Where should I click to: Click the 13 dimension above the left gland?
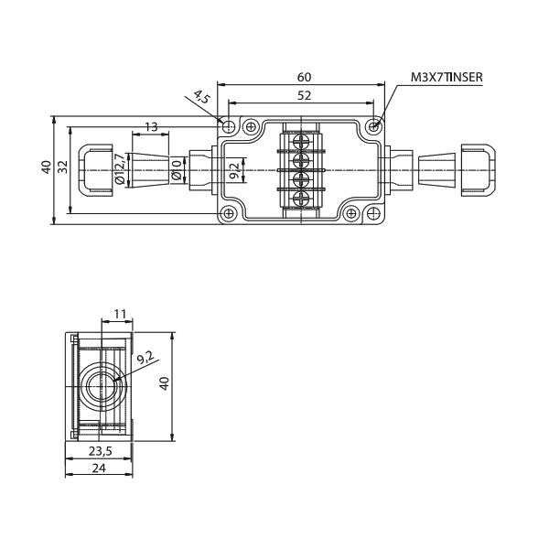pos(152,126)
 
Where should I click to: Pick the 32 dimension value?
pos(63,167)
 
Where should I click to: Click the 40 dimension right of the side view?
pos(165,384)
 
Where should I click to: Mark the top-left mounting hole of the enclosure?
pos(229,126)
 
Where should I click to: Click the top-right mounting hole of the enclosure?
pos(373,126)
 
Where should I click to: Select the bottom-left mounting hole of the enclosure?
pos(229,214)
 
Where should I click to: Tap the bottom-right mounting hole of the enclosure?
pos(373,214)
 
